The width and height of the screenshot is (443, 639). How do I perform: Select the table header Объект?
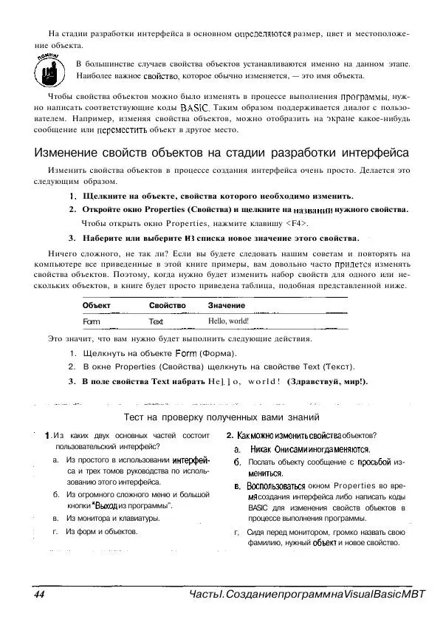96,304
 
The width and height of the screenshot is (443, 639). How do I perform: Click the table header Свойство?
167,304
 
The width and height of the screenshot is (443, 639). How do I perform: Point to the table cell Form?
92,322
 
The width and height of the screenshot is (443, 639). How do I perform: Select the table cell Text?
156,322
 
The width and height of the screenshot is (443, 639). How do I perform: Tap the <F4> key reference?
297,223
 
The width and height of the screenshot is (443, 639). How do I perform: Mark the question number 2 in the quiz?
230,435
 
